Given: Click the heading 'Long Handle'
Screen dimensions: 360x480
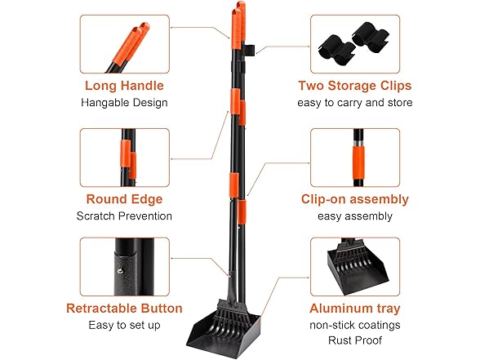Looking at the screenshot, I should point(125,86).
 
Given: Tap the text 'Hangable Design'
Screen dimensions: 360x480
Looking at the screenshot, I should point(125,103).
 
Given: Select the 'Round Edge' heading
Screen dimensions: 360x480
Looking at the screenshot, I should point(125,198).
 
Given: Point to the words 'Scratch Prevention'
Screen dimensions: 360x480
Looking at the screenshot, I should point(125,216).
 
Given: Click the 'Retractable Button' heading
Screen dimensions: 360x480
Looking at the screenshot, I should point(125,309).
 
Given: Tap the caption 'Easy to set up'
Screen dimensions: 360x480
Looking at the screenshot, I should point(125,326).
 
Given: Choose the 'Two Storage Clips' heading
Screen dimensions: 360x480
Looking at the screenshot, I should point(355,86).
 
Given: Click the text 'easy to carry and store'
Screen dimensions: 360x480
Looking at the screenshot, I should point(355,103).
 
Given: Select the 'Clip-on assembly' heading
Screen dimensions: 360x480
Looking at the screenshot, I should point(355,199).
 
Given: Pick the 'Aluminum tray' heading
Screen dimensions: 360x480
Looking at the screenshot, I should point(355,309).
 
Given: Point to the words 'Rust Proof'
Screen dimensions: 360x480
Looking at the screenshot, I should point(355,341).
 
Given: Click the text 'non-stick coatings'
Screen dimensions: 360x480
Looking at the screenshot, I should point(355,326).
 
